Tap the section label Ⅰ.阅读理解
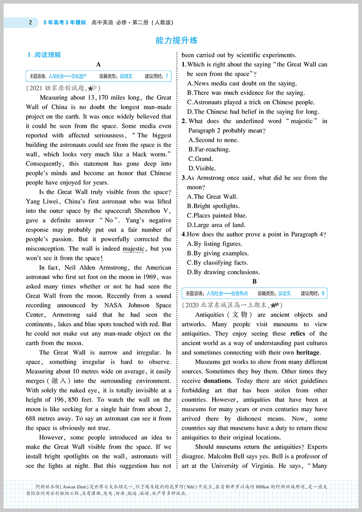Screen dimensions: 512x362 click(44, 55)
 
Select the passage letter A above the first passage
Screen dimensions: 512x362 click(98, 65)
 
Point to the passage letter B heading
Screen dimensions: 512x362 click(254, 281)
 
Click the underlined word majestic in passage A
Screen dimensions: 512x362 click(133, 249)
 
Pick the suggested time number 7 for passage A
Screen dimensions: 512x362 click(167, 76)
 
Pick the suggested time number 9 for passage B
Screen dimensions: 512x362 click(323, 294)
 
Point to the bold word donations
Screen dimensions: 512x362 click(217, 381)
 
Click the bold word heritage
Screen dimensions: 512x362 click(308, 353)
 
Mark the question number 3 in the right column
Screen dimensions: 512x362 click(184, 178)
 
